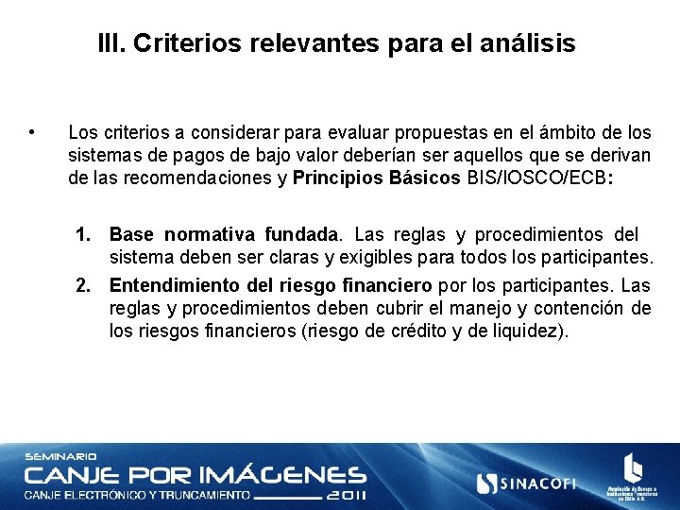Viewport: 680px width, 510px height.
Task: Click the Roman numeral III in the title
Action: (110, 43)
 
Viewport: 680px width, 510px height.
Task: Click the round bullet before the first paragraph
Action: (33, 131)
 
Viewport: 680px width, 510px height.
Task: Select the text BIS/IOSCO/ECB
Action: (536, 178)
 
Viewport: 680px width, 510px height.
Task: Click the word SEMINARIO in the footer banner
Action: (60, 457)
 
